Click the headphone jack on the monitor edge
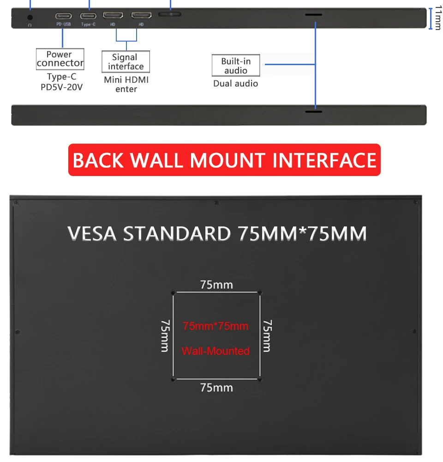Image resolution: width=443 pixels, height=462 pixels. point(30,17)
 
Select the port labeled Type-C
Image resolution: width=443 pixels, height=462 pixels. point(88,15)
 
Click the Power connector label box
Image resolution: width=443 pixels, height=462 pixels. point(60,59)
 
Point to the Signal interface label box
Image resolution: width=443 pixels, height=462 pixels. point(126,61)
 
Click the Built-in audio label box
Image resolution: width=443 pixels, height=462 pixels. point(236,66)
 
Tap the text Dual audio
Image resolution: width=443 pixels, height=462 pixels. point(235,84)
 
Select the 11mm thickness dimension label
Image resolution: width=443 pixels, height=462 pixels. point(438,18)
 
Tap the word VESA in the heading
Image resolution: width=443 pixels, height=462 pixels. point(92,234)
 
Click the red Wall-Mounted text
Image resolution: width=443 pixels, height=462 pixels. point(216,351)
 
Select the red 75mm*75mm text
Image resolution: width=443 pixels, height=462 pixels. point(216,326)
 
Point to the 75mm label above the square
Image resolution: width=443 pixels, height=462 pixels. point(216,285)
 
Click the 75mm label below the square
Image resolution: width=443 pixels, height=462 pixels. point(216,387)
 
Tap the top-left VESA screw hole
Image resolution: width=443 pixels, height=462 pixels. point(173,292)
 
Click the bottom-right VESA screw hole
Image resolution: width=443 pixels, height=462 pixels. point(260,380)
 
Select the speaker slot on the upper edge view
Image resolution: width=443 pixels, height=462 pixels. point(313,15)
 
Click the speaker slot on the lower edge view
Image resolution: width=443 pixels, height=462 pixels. point(313,112)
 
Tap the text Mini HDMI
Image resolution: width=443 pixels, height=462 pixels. point(126,79)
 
